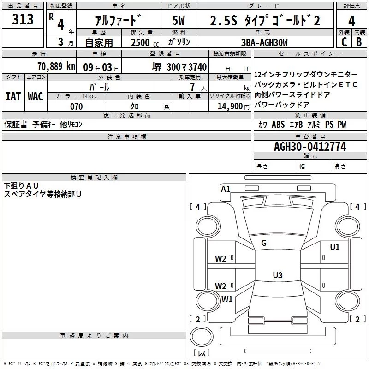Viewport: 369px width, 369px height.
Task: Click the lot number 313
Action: (23, 19)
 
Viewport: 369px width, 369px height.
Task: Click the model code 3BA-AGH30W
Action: (264, 42)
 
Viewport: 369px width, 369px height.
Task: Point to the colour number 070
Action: (76, 107)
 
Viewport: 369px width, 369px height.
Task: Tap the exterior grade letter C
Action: (344, 42)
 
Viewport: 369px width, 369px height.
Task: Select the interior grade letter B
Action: (359, 42)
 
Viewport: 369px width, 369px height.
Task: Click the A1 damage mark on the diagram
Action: (226, 189)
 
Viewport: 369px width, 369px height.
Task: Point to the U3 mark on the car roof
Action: (277, 275)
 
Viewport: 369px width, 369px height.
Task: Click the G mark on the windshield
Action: (264, 243)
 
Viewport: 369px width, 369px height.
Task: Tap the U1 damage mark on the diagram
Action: (334, 247)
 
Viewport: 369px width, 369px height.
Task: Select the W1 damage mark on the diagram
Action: (227, 299)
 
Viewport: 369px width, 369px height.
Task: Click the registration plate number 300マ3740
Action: (180, 67)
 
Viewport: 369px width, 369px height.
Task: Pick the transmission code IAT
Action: (13, 96)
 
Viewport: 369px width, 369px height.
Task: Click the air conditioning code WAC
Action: (35, 96)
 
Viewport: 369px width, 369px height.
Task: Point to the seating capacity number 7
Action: (191, 87)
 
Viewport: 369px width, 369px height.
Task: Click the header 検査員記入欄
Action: (94, 177)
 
